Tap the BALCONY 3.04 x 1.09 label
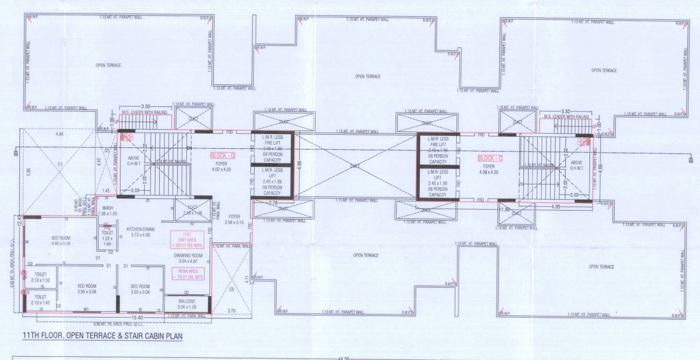(x=187, y=304)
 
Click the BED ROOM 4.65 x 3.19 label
(x=61, y=241)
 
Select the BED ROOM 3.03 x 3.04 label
(x=141, y=289)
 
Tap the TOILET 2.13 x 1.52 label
(x=40, y=277)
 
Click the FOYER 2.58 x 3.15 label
(x=234, y=219)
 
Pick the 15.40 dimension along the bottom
(x=137, y=318)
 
